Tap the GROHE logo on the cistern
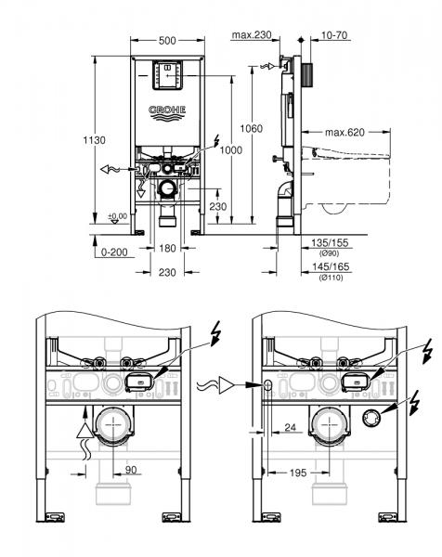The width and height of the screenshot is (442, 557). [x=168, y=112]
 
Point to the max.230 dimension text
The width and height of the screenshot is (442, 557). [x=251, y=34]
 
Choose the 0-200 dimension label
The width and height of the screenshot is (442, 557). [x=112, y=250]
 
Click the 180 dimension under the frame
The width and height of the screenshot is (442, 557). [x=166, y=250]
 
